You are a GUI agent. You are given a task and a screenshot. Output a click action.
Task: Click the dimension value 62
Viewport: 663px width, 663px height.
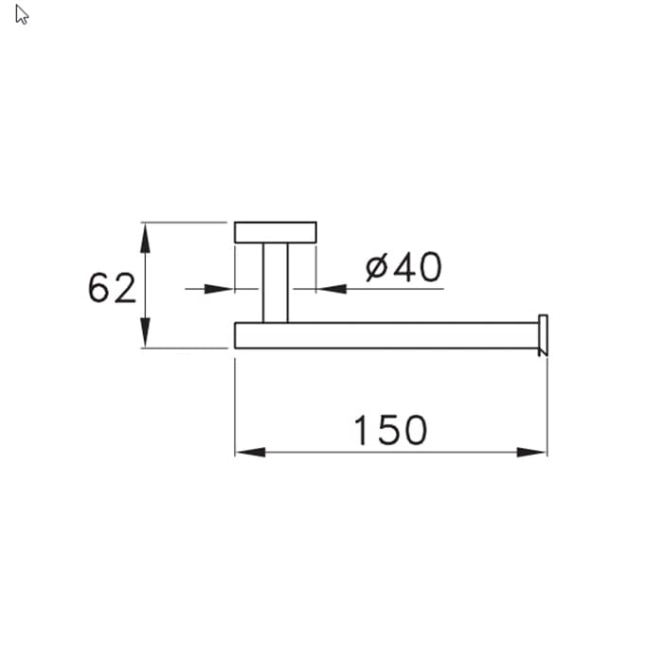pyautogui.click(x=112, y=288)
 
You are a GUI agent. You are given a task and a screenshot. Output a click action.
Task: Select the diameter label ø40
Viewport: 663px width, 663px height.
pyautogui.click(x=403, y=267)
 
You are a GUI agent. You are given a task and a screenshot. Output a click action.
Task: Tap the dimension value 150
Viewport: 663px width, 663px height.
pyautogui.click(x=390, y=430)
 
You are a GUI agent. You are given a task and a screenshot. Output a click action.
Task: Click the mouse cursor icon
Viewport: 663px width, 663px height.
pyautogui.click(x=22, y=15)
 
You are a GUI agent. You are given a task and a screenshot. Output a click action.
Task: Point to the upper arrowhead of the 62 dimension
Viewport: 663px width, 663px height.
pyautogui.click(x=145, y=238)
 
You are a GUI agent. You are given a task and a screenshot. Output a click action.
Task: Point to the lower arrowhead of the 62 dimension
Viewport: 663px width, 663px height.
pyautogui.click(x=145, y=332)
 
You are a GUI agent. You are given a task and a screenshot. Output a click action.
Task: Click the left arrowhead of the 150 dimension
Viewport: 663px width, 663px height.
pyautogui.click(x=251, y=453)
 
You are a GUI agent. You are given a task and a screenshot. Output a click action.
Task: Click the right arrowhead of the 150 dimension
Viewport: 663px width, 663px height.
pyautogui.click(x=531, y=453)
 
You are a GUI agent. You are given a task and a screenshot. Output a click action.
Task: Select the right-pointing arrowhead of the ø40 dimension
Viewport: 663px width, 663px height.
pyautogui.click(x=219, y=289)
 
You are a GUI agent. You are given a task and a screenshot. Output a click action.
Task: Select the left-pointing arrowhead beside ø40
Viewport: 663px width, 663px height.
pyautogui.click(x=331, y=289)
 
